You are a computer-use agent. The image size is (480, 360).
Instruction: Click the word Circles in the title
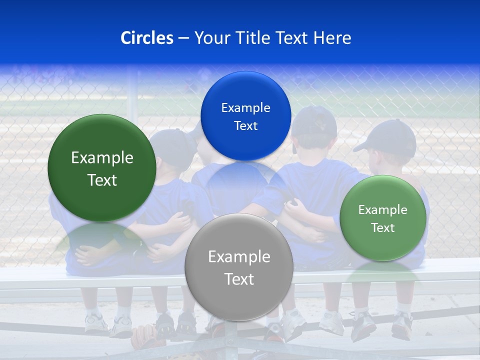(146, 38)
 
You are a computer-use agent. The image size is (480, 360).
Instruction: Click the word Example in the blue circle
(245, 108)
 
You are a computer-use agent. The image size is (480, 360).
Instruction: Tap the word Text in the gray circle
(239, 279)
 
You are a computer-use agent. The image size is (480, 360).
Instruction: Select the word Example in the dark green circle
(102, 158)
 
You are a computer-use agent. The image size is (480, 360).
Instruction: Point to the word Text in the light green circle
(382, 228)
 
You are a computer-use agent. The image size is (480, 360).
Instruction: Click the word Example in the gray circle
(239, 257)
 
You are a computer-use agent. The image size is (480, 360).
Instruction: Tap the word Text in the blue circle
(245, 126)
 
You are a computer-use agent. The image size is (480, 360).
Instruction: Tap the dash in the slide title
(183, 38)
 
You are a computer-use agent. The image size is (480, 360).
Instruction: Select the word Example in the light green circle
(382, 210)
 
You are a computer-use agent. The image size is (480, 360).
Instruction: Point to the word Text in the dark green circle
(102, 180)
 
